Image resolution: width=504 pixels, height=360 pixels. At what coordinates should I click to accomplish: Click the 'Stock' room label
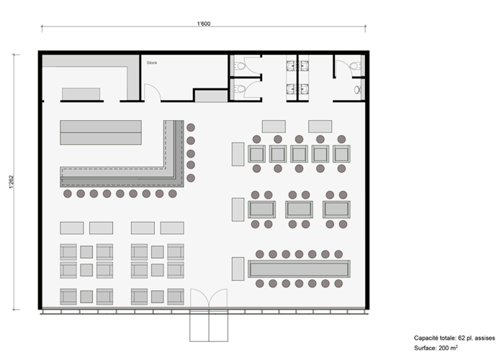coord(152,63)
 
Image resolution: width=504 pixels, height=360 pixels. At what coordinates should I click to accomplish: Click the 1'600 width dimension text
coord(204,24)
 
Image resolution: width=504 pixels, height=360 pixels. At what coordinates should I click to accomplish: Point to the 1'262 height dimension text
coord(12,181)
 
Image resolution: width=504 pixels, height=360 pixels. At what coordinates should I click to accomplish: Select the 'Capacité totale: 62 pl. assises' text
coord(454,338)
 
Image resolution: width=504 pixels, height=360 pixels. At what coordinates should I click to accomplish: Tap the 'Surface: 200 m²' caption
coord(436,348)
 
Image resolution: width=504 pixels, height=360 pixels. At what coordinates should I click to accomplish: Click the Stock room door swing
coord(153,93)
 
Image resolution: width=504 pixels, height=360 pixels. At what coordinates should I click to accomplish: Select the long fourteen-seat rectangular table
coord(299,269)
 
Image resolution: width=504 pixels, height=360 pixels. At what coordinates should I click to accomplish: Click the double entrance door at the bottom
coord(209,298)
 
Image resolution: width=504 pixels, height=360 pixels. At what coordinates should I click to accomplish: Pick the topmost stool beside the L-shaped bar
coord(191,127)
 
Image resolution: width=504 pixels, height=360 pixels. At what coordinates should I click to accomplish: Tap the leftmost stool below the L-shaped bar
coord(68,194)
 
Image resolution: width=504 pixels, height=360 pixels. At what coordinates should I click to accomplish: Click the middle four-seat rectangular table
coord(299,210)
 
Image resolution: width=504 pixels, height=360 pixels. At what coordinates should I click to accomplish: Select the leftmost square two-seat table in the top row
coord(256,153)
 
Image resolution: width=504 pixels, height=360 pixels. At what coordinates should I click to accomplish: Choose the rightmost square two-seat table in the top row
coord(341,153)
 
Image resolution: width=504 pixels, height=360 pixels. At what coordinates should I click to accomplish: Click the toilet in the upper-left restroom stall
coord(240,66)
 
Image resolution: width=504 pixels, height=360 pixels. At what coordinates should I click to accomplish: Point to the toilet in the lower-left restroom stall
coord(240,89)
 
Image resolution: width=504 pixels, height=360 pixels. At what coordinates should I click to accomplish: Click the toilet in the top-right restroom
coord(356,66)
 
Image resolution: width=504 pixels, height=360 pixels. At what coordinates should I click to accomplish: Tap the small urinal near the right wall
coord(357,90)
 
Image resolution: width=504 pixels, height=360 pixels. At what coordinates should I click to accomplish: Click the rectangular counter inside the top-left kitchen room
coord(81,94)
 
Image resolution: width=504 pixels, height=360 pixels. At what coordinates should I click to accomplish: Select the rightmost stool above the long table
coord(338,254)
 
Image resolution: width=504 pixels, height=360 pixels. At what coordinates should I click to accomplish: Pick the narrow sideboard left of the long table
coord(238,269)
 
